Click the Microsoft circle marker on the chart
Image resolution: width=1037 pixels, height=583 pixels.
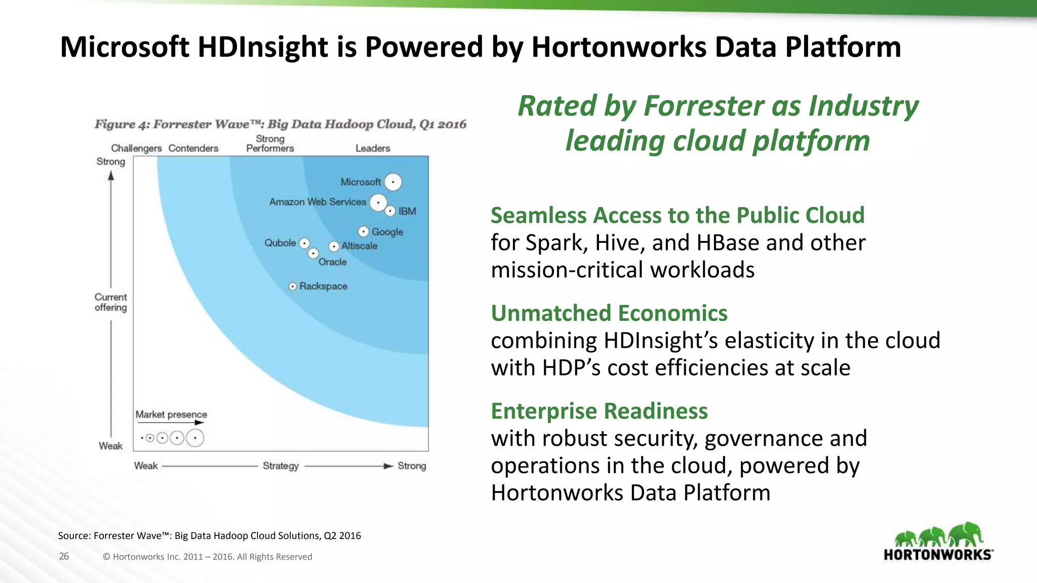click(393, 182)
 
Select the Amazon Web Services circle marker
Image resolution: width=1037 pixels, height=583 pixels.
click(378, 203)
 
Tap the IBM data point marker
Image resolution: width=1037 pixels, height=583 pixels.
click(390, 211)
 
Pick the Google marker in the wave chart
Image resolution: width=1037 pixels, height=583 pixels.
click(363, 232)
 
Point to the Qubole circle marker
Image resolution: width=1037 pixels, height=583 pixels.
click(304, 243)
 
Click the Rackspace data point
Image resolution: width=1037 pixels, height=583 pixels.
click(293, 286)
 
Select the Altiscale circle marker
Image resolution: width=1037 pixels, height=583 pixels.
click(334, 246)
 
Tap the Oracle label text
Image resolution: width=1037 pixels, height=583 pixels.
click(333, 262)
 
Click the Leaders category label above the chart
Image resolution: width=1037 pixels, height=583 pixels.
click(373, 148)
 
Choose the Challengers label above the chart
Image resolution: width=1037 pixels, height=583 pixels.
click(136, 148)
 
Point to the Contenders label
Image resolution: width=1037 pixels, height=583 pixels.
click(193, 148)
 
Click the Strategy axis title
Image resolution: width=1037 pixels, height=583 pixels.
click(281, 466)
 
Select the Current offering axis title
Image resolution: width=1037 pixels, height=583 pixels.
click(111, 302)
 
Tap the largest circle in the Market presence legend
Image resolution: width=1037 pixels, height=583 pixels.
click(195, 438)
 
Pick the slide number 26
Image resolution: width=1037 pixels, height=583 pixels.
click(64, 556)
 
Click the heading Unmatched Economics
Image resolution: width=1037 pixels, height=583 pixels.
click(609, 313)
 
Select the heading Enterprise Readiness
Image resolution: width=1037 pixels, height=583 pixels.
click(599, 411)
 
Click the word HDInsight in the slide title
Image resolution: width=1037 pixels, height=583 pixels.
click(263, 47)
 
